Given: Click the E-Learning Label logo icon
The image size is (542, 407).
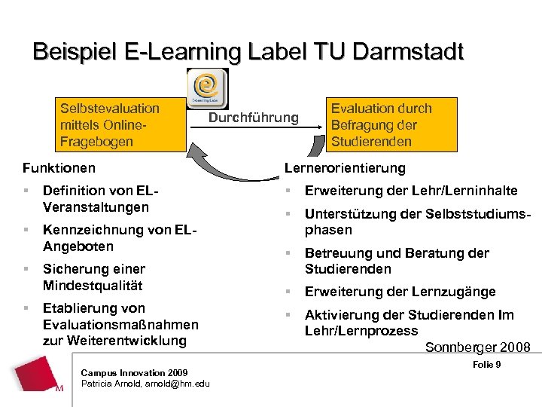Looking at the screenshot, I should [206, 88].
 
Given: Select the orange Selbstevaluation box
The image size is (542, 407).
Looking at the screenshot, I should [121, 125].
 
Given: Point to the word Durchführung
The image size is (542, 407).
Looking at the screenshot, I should [253, 118].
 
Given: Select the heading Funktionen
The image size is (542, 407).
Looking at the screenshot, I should [59, 167].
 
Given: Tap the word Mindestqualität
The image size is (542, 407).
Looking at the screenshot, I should [93, 285].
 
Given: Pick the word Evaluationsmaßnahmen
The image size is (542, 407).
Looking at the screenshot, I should [120, 324].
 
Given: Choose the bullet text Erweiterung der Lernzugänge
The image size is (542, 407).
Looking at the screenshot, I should [400, 292].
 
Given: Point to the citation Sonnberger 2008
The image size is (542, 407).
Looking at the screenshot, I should [477, 347].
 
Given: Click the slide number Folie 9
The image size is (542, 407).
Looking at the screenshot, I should [488, 366].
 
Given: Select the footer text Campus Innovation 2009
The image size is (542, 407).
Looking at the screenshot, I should [134, 372].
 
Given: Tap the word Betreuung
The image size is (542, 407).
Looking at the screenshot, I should [335, 253].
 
